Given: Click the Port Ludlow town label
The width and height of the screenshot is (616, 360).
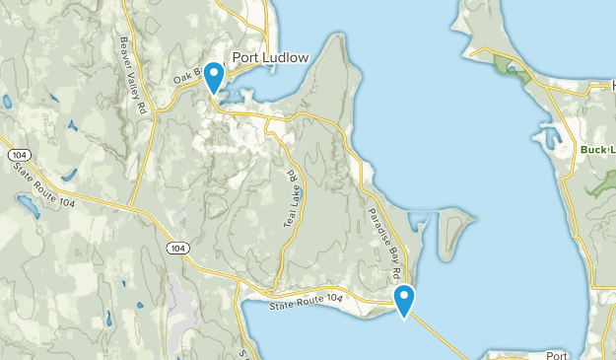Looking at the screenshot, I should pyautogui.click(x=270, y=57).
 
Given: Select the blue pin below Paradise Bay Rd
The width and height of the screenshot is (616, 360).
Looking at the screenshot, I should pyautogui.click(x=404, y=299).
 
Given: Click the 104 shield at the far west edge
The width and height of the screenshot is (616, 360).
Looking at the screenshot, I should pyautogui.click(x=17, y=155).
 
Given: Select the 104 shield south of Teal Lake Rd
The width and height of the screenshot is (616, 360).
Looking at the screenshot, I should pyautogui.click(x=175, y=247).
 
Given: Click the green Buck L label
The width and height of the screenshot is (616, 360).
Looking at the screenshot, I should pyautogui.click(x=597, y=150).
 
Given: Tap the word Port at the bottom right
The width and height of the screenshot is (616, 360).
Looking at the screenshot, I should pyautogui.click(x=558, y=353).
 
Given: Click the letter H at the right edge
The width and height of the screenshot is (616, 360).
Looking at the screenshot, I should pyautogui.click(x=610, y=88).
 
